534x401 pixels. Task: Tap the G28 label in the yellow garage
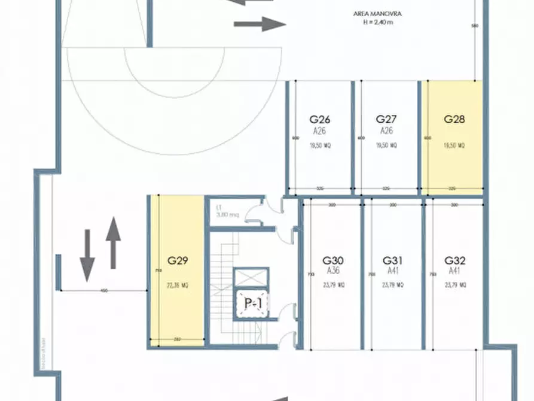click(454, 119)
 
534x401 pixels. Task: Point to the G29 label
click(178, 260)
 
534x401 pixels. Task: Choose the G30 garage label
click(333, 260)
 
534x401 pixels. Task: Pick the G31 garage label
click(393, 260)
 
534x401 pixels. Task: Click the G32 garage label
click(455, 260)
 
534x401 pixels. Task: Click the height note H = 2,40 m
click(377, 22)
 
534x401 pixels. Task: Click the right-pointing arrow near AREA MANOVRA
click(260, 25)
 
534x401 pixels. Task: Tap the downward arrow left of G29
click(87, 256)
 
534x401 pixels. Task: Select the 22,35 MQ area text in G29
click(178, 285)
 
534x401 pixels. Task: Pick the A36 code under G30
click(333, 271)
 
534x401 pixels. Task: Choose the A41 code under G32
click(455, 271)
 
